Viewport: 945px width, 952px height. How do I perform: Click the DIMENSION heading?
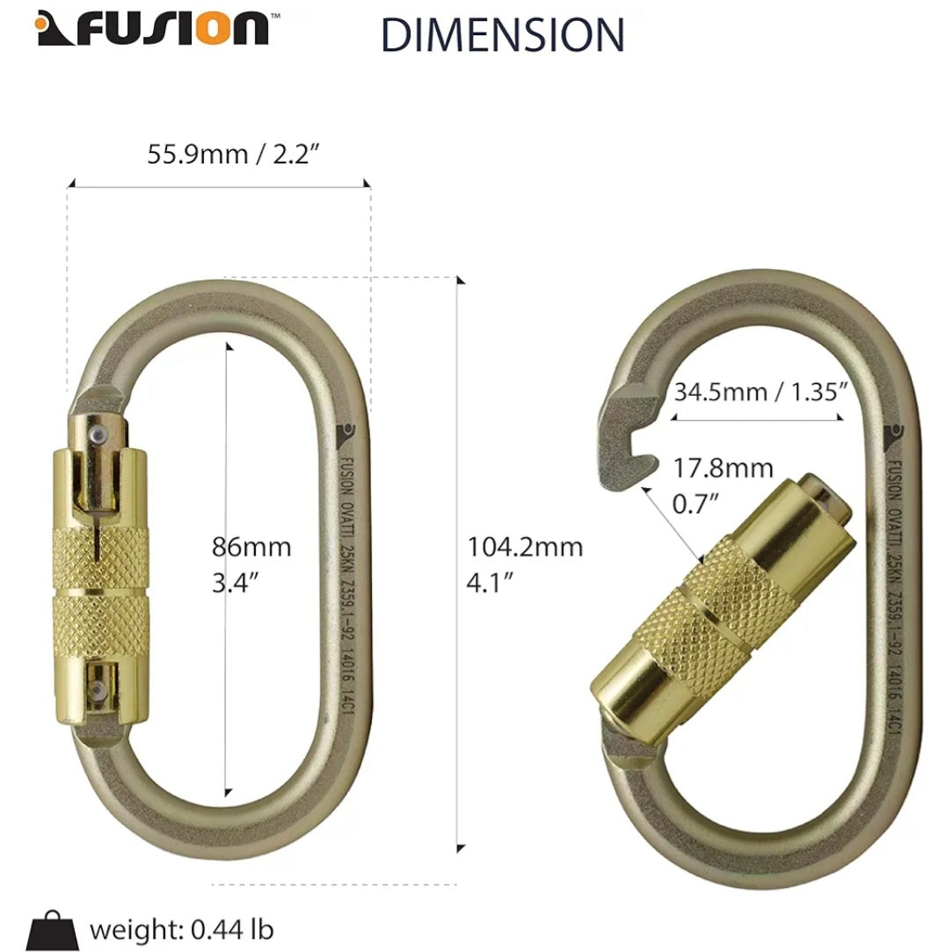pyautogui.click(x=503, y=34)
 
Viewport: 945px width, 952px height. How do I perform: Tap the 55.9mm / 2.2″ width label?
pyautogui.click(x=233, y=154)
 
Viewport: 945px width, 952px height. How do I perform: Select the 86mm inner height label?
pyautogui.click(x=251, y=564)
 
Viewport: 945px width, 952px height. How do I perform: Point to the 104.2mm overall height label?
pyautogui.click(x=524, y=564)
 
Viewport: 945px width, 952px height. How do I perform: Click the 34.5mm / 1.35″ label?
pyautogui.click(x=760, y=391)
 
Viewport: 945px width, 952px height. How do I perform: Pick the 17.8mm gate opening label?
pyautogui.click(x=723, y=486)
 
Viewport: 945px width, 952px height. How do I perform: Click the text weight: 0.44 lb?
pyautogui.click(x=182, y=930)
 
